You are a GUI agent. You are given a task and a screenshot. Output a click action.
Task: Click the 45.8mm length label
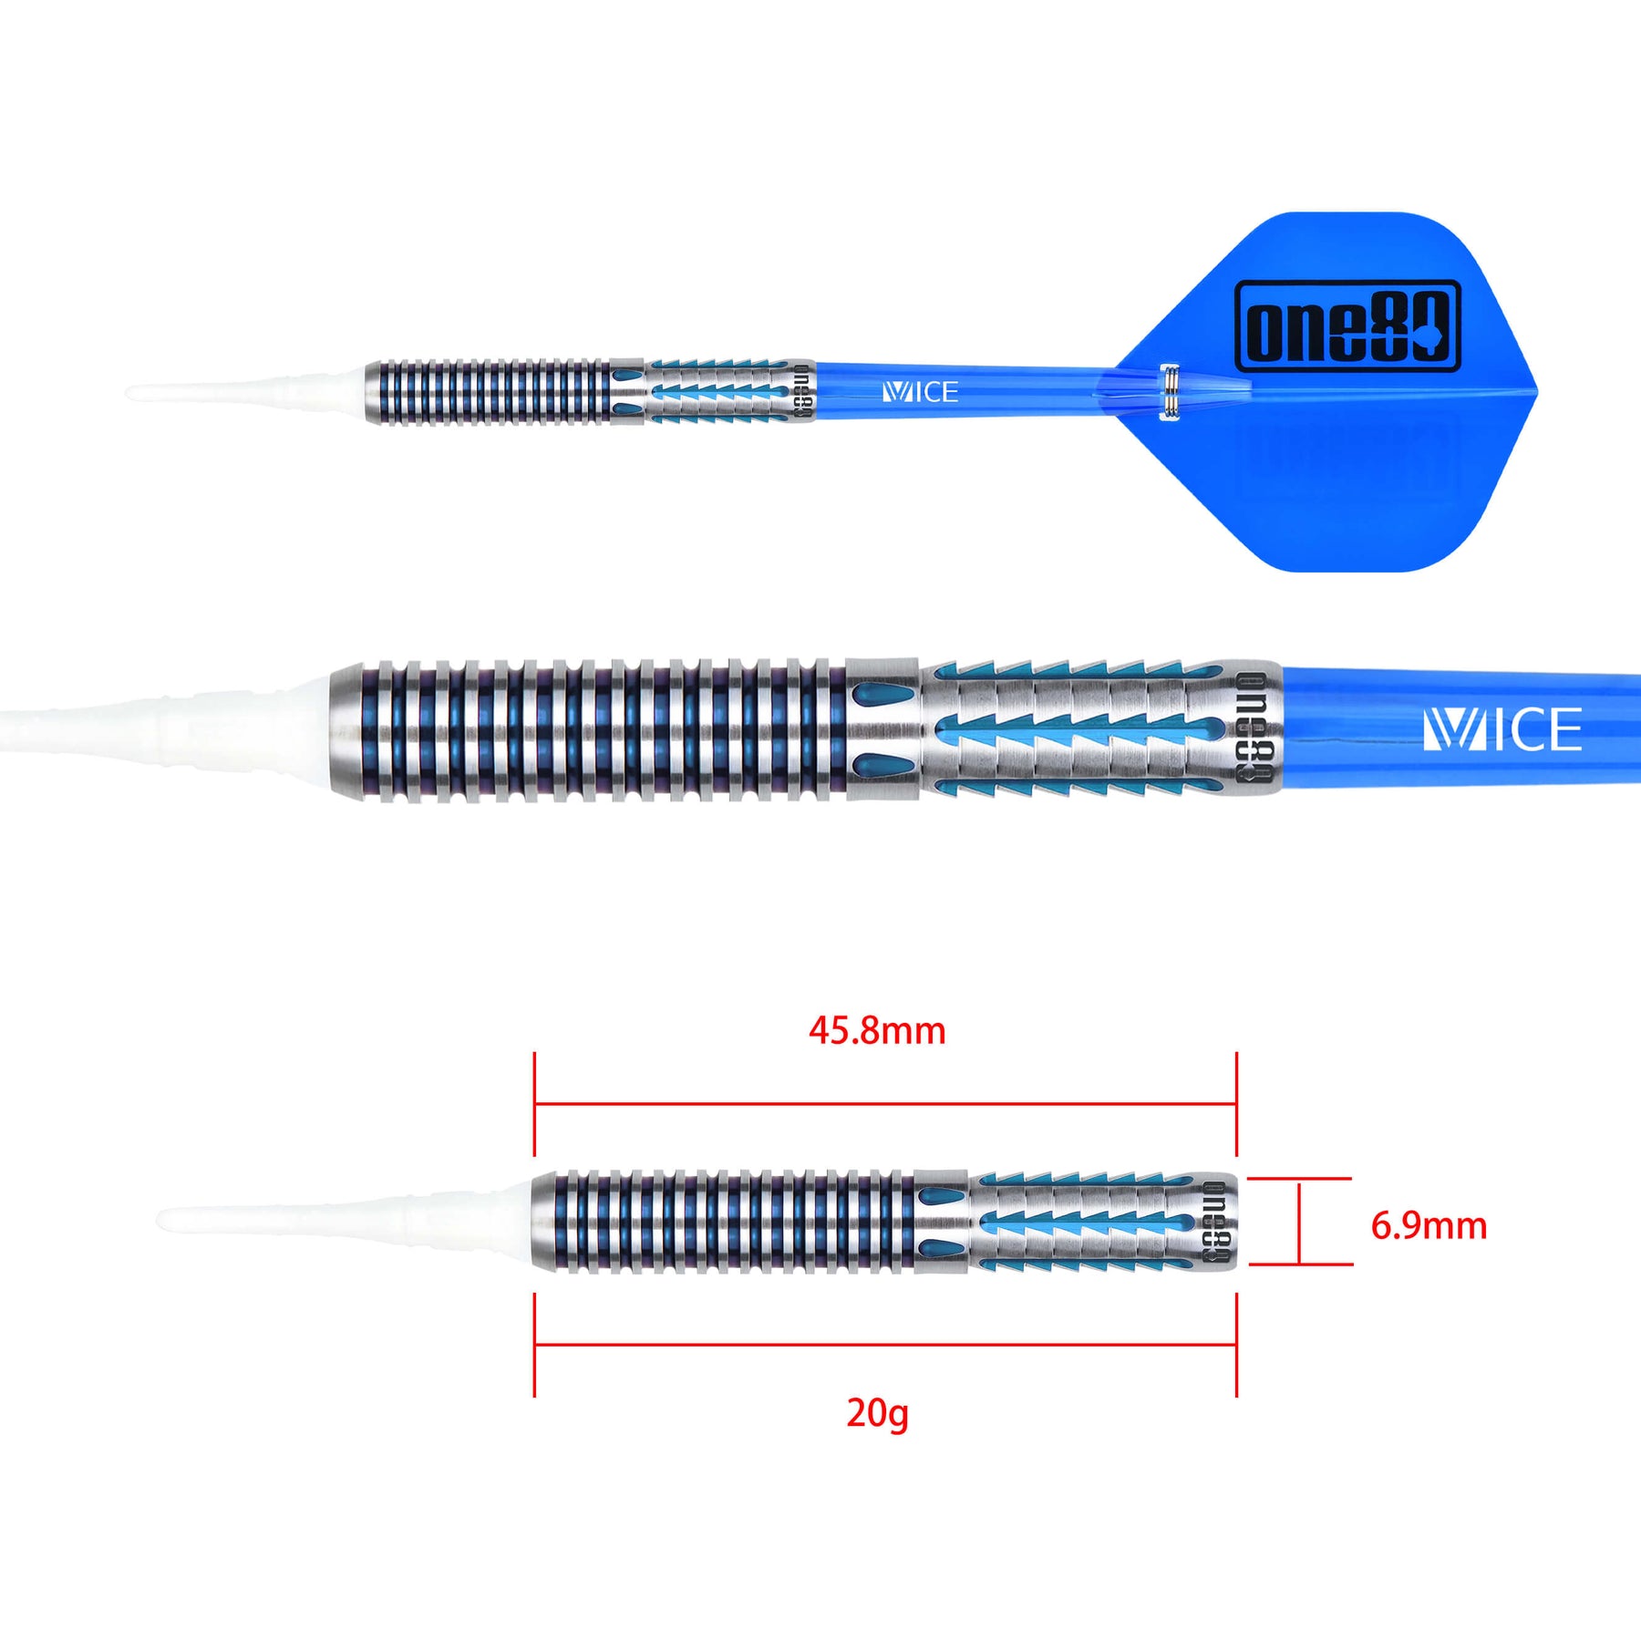pyautogui.click(x=877, y=1031)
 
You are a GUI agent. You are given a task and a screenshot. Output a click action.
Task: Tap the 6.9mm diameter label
pyautogui.click(x=1429, y=1225)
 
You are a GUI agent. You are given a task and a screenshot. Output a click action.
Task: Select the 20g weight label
pyautogui.click(x=877, y=1414)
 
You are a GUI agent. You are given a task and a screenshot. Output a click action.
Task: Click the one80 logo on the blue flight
pyautogui.click(x=1347, y=326)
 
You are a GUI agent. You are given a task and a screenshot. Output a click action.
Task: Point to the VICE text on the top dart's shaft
pyautogui.click(x=921, y=393)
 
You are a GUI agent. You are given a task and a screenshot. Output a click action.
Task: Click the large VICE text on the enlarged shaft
pyautogui.click(x=1502, y=729)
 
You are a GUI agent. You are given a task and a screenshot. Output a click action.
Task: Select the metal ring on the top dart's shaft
pyautogui.click(x=1170, y=393)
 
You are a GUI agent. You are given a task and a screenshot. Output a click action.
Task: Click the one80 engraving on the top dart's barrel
pyautogui.click(x=801, y=392)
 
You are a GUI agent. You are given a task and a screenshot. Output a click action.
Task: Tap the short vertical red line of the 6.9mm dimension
pyautogui.click(x=1299, y=1223)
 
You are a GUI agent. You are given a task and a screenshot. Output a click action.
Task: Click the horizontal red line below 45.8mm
pyautogui.click(x=885, y=1104)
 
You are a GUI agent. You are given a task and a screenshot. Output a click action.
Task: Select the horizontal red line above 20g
pyautogui.click(x=885, y=1344)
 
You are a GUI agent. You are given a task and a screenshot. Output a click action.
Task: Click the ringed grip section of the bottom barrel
pyautogui.click(x=725, y=1222)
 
